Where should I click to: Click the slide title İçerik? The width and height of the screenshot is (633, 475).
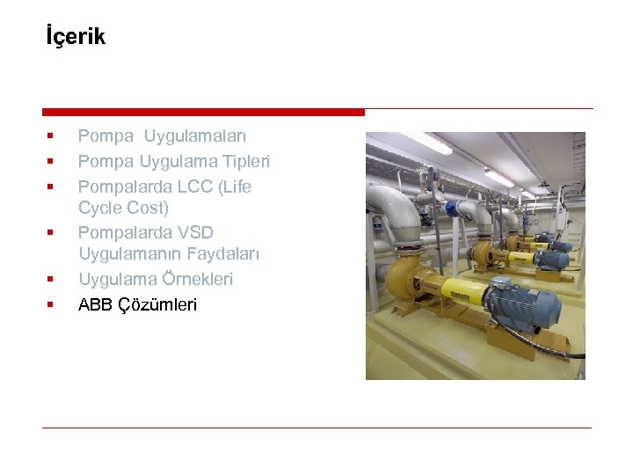(75, 37)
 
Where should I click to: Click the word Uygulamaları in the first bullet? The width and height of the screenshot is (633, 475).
(195, 136)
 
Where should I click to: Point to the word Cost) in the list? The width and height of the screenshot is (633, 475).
(146, 208)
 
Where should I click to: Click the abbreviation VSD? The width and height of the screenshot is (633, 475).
(195, 232)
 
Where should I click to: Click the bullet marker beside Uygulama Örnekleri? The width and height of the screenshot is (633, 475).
(50, 280)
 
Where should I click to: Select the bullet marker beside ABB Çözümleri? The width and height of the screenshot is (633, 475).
(50, 305)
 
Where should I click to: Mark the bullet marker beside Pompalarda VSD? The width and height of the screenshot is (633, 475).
(50, 233)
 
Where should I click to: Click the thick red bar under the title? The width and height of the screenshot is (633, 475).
(203, 112)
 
